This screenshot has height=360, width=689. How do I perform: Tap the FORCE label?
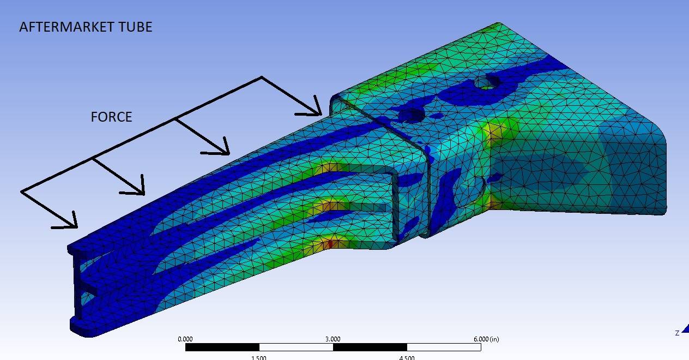(x=111, y=117)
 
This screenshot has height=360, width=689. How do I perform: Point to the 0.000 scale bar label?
(x=185, y=339)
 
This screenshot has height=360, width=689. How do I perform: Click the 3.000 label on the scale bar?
(x=333, y=339)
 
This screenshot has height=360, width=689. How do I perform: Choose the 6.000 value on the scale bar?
(x=481, y=339)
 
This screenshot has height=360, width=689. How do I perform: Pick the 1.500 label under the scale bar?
(x=259, y=357)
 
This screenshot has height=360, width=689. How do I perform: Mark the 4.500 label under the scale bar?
(x=407, y=357)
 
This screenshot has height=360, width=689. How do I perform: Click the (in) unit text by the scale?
(x=494, y=339)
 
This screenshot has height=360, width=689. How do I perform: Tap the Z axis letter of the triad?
(x=677, y=333)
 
